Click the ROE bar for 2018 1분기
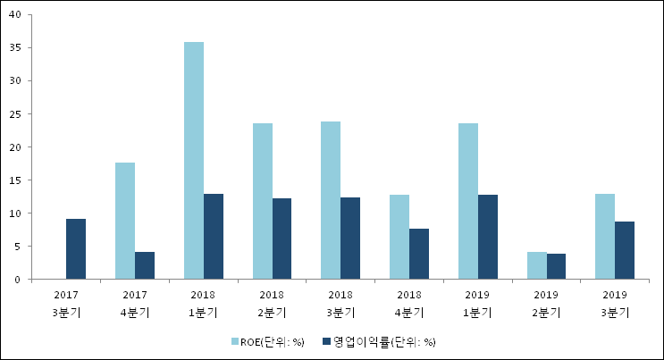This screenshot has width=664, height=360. [x=193, y=161]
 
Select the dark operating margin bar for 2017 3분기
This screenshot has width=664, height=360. [x=76, y=249]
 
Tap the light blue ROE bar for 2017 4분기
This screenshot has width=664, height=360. [x=125, y=221]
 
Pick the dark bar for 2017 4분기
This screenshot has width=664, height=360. [x=145, y=265]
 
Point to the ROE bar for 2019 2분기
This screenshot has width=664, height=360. [x=537, y=265]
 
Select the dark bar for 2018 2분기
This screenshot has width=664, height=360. [x=282, y=239]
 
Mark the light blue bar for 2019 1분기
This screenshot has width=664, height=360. [x=468, y=201]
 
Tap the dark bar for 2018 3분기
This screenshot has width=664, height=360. [x=350, y=239]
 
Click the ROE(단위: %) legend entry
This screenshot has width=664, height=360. [x=269, y=341]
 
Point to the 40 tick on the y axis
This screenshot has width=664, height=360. [x=17, y=14]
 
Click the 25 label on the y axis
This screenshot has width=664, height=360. [x=17, y=113]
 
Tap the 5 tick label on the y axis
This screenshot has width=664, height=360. [x=20, y=246]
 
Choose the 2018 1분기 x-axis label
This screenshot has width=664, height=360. [x=203, y=303]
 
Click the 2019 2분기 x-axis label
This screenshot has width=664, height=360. [x=546, y=303]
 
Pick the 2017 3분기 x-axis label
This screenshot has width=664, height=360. [x=66, y=303]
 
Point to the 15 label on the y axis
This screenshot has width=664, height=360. [x=17, y=180]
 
